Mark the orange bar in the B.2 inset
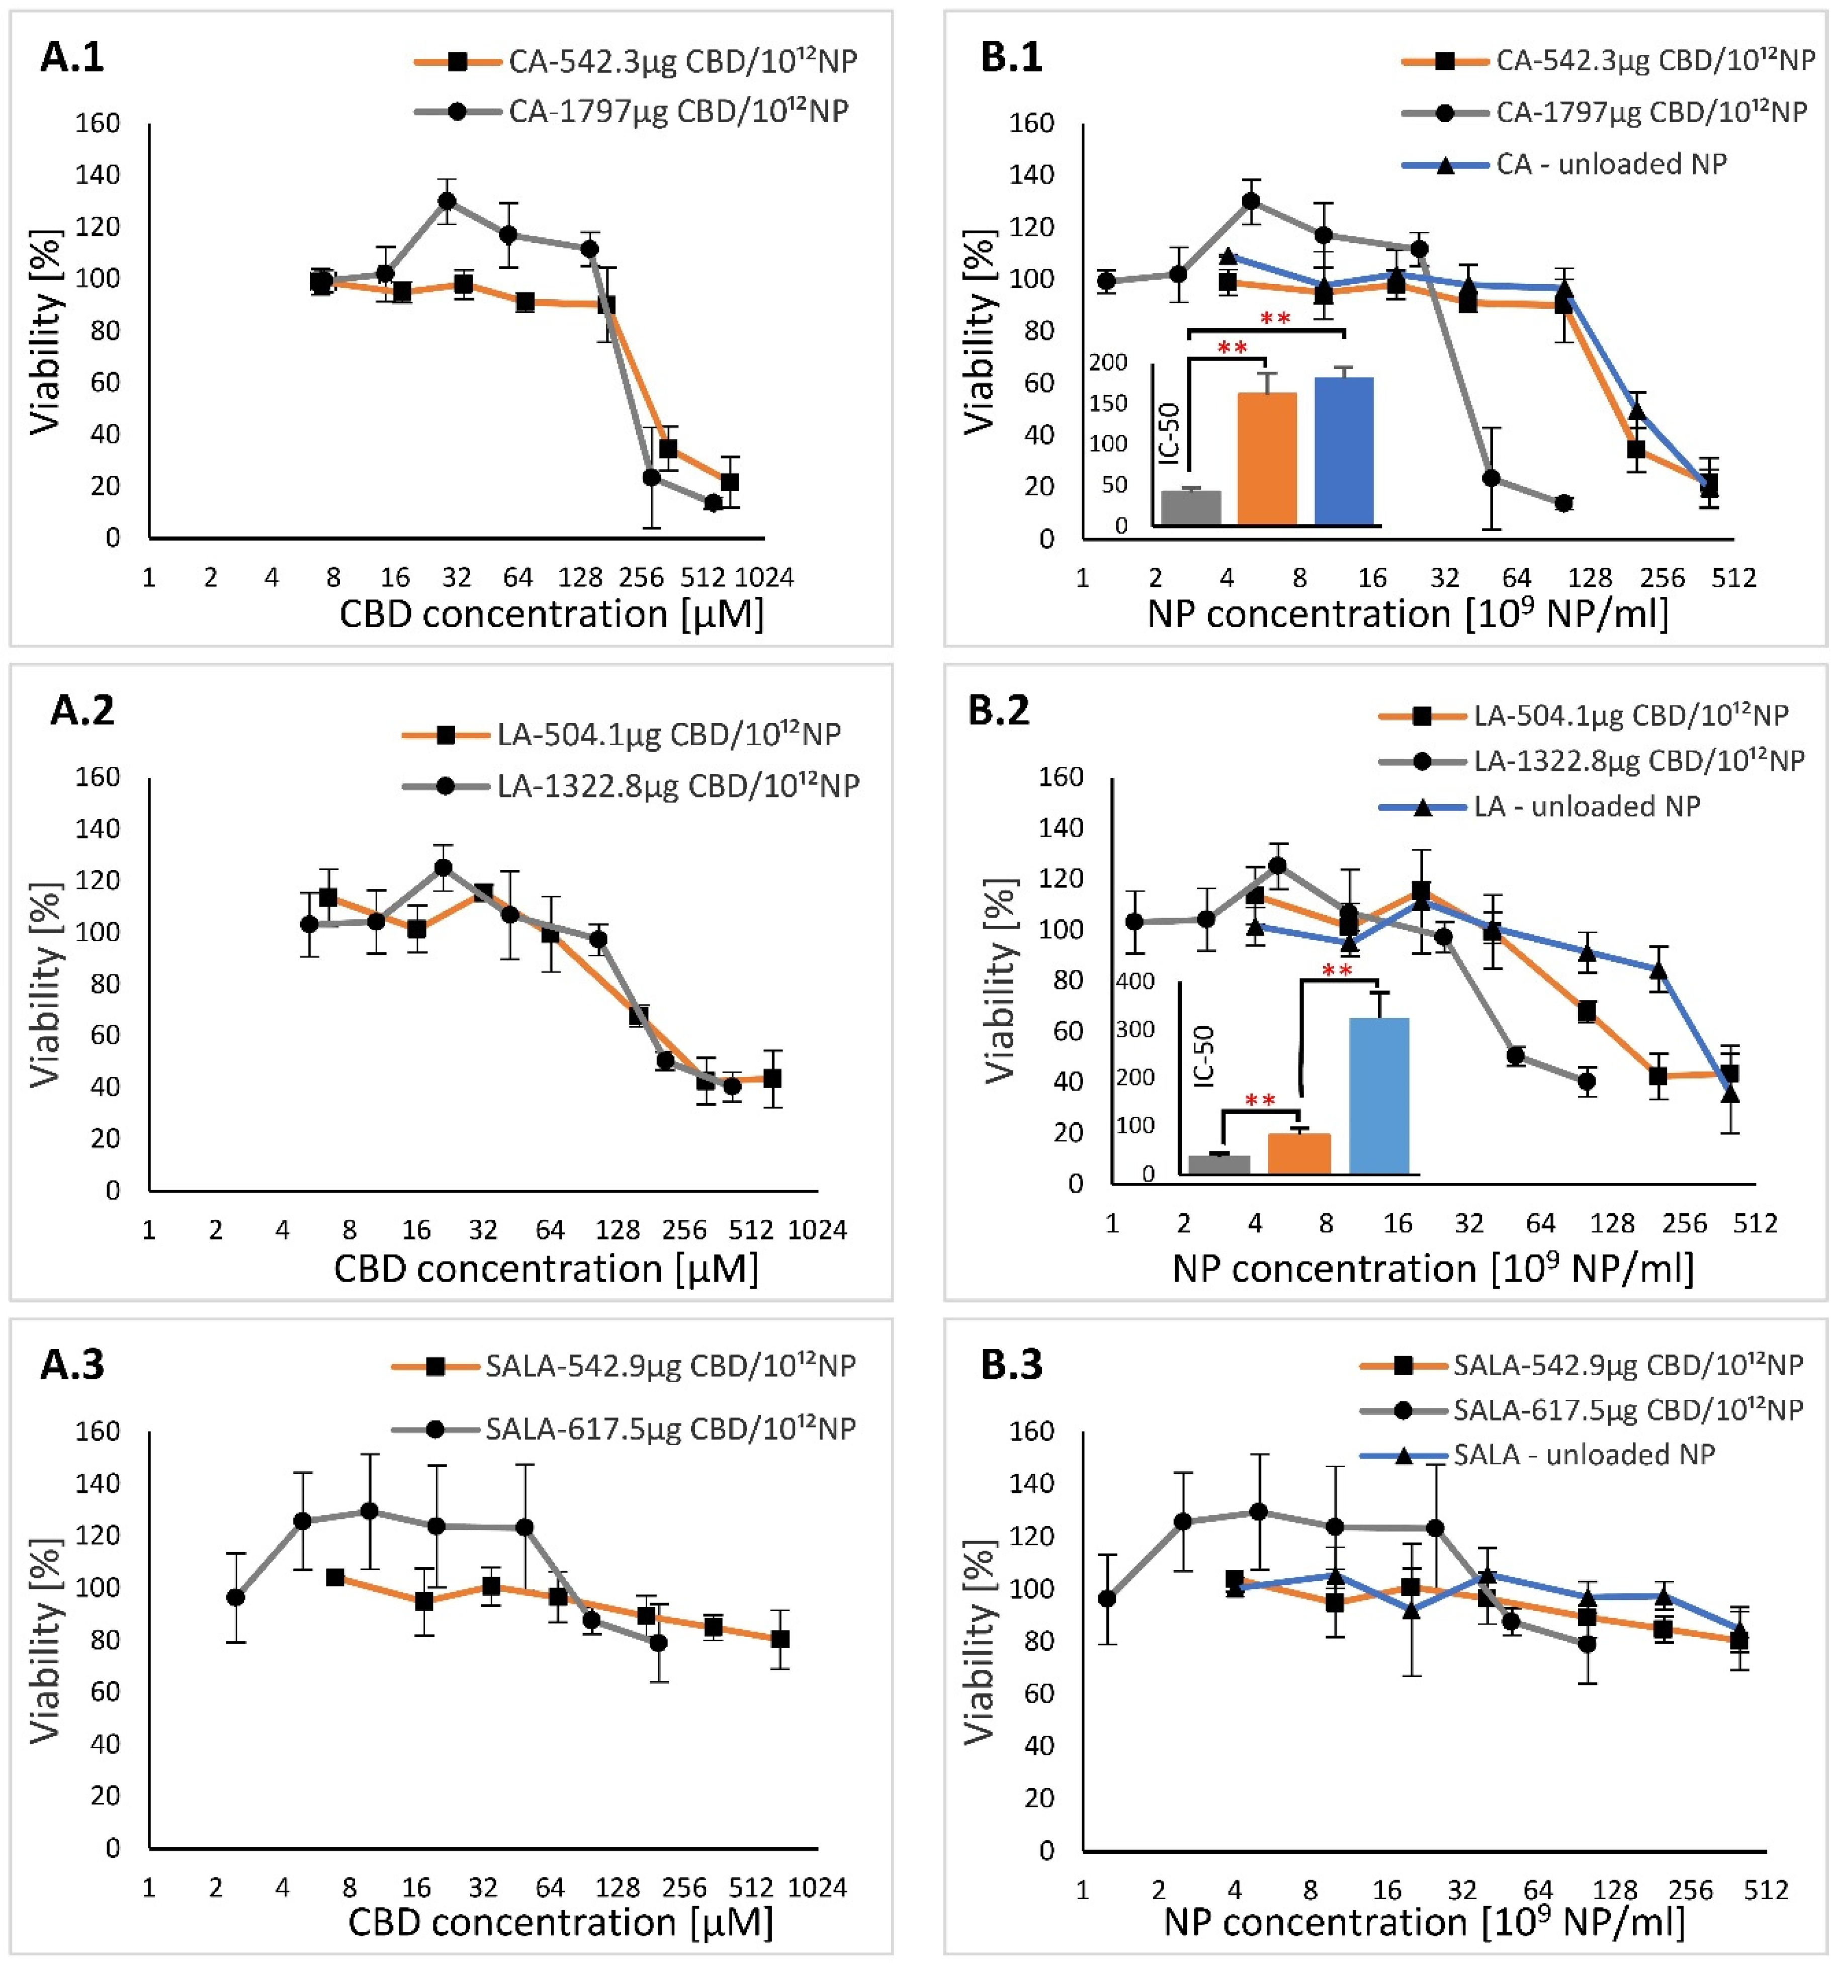point(1299,1153)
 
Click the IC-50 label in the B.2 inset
point(1203,1057)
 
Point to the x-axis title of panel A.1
point(552,614)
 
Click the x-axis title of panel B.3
point(1423,1921)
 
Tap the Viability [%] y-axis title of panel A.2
point(46,985)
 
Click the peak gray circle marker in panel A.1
point(447,201)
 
